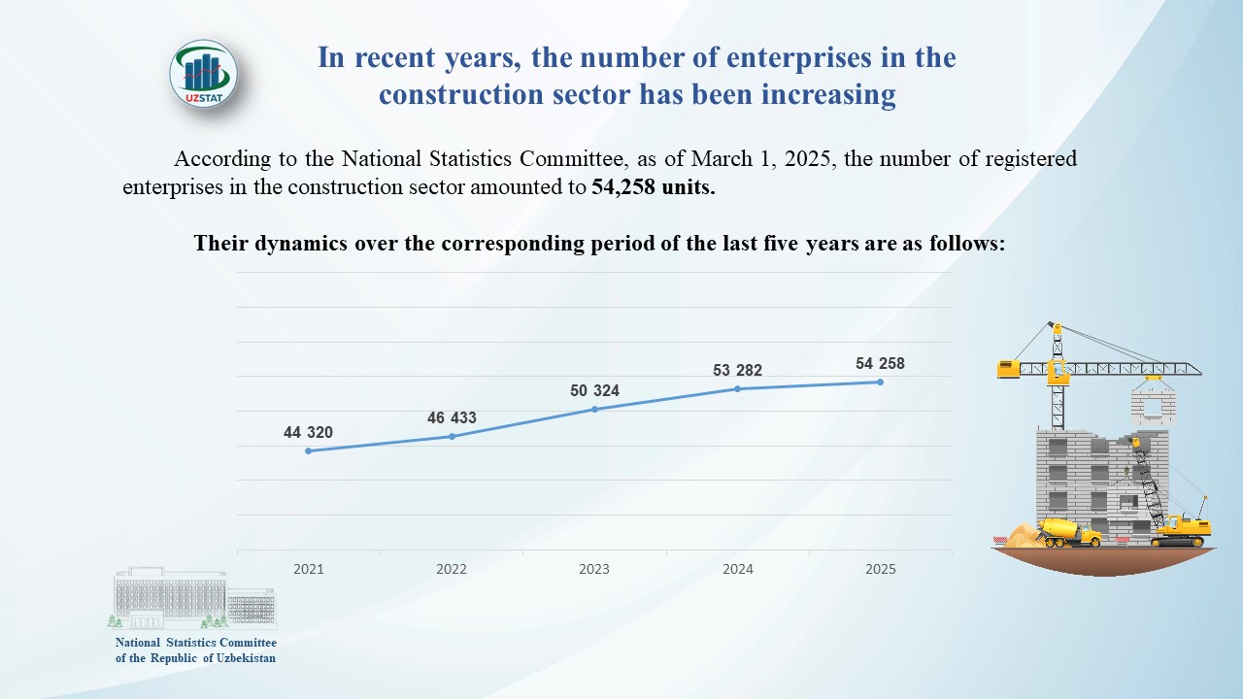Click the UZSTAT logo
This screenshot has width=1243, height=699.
203,74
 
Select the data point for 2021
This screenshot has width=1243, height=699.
308,450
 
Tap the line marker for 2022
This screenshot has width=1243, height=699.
452,436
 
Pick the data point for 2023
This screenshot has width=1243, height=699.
594,409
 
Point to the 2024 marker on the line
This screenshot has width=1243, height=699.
737,388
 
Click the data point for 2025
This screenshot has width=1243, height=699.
880,382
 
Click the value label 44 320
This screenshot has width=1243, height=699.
308,433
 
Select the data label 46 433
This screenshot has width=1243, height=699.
452,418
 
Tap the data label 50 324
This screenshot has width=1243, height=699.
594,391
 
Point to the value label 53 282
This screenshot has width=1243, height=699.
737,370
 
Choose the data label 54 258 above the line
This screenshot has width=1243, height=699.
880,364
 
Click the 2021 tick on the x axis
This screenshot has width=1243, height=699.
308,569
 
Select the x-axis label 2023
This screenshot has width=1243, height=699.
594,569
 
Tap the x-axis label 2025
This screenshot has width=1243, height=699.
880,569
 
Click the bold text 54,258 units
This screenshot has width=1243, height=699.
653,188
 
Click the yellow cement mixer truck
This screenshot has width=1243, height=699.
1068,531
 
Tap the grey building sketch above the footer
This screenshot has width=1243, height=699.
191,598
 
